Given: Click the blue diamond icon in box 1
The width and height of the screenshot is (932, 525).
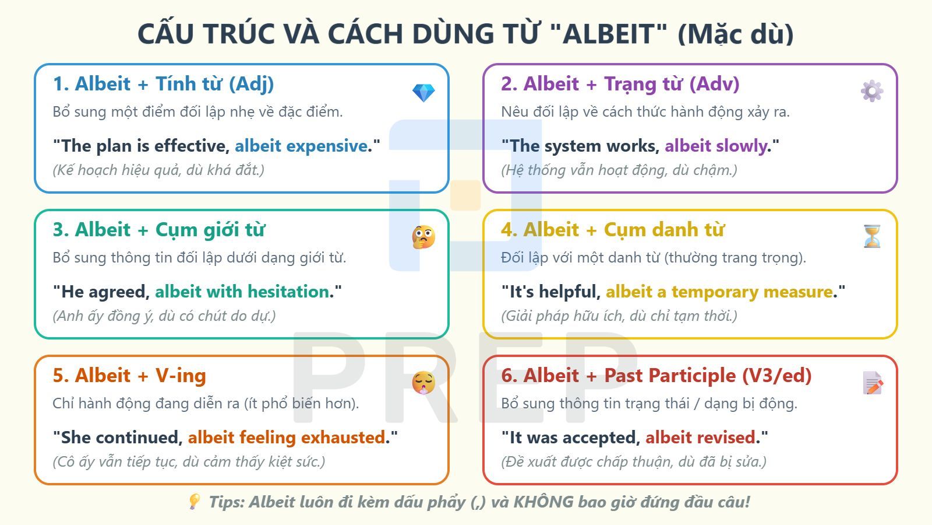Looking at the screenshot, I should point(423,92).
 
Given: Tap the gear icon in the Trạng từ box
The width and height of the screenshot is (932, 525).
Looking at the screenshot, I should point(872,91).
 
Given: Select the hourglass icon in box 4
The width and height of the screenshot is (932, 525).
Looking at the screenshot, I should point(872,236).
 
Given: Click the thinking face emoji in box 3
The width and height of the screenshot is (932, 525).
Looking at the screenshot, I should point(423,237).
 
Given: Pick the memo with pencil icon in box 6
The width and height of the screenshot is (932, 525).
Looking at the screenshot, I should point(872,383).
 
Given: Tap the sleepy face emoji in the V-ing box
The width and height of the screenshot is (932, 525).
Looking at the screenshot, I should point(423,383).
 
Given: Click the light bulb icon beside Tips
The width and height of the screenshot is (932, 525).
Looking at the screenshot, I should point(195,502).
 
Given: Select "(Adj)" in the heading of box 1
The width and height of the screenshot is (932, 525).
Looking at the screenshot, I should point(251,84).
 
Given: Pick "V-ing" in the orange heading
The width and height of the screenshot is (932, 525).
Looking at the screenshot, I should point(181,376).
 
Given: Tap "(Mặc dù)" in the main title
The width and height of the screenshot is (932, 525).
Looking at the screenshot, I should point(735,34).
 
